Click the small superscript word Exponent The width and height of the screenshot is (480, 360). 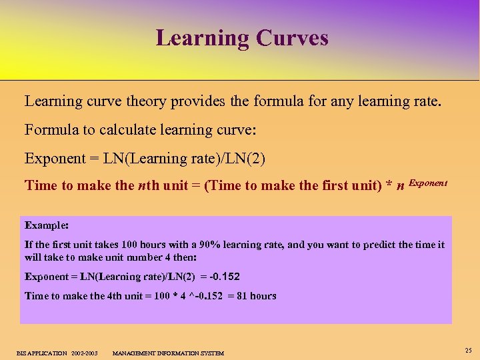(428, 182)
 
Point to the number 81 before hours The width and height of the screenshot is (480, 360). (241, 296)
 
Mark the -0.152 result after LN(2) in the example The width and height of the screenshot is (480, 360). (225, 276)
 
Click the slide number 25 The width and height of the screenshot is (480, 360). (468, 350)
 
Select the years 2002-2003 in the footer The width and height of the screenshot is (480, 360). (83, 353)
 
